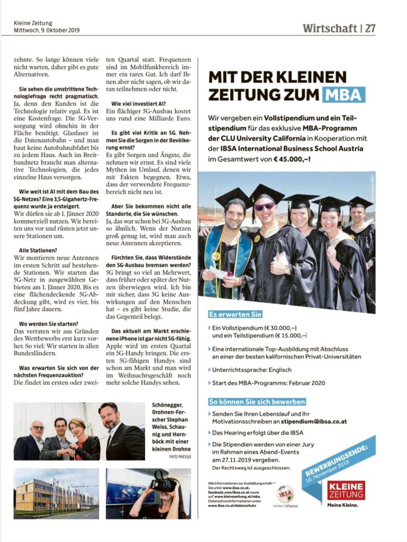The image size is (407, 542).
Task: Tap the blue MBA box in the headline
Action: coord(342,95)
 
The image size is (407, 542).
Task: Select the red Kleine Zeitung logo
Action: coord(346,491)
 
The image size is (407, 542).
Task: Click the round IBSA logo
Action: coord(285,493)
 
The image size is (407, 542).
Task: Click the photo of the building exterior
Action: coord(56,493)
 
